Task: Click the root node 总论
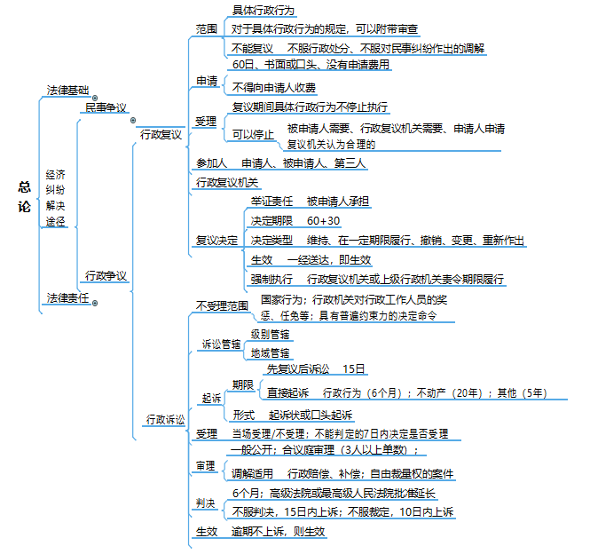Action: point(24,198)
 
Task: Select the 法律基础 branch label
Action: point(67,91)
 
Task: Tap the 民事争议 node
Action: point(106,107)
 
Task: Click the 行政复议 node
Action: point(160,135)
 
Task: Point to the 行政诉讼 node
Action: point(166,418)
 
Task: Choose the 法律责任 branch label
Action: point(67,298)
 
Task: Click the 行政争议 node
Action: point(106,275)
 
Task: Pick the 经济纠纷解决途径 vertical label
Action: point(55,197)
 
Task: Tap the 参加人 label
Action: point(211,163)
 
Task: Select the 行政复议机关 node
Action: point(227,182)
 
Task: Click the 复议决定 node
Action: point(216,240)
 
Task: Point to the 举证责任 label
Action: point(271,202)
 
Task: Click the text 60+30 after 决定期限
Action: point(324,220)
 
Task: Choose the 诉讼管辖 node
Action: point(223,344)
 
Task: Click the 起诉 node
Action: point(211,399)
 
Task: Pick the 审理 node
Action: point(206,465)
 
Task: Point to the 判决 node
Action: point(206,503)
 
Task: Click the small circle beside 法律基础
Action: point(94,99)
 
